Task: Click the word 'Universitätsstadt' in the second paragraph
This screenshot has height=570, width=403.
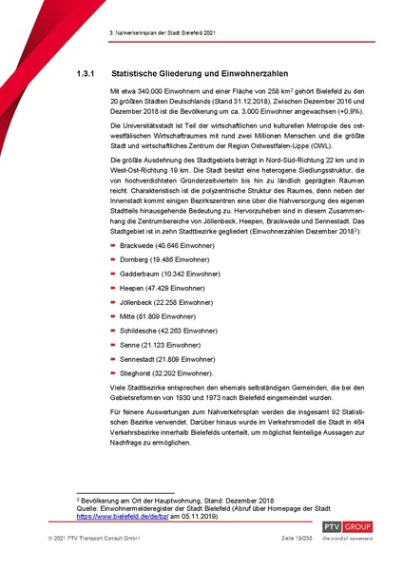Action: click(x=144, y=125)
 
